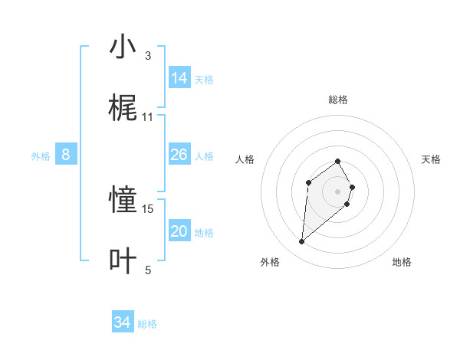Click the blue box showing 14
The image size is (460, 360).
pyautogui.click(x=179, y=78)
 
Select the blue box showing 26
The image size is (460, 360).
pyautogui.click(x=179, y=155)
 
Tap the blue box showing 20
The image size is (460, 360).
pyautogui.click(x=179, y=231)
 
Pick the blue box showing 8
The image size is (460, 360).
pyautogui.click(x=66, y=155)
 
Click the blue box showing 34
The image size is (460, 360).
pyautogui.click(x=122, y=322)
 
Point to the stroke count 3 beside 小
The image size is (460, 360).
pyautogui.click(x=148, y=56)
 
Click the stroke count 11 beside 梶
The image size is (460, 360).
pyautogui.click(x=148, y=117)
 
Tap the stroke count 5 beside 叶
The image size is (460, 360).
pyautogui.click(x=148, y=270)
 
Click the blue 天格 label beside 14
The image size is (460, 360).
pyautogui.click(x=204, y=80)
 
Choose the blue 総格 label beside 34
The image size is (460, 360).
pyautogui.click(x=147, y=324)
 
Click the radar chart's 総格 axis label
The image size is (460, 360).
pyautogui.click(x=338, y=100)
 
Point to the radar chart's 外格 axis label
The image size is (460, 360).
pyautogui.click(x=270, y=262)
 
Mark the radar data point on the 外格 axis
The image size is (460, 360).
pyautogui.click(x=302, y=242)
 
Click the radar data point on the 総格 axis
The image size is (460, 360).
pyautogui.click(x=338, y=161)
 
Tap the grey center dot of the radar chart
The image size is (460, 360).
pyautogui.click(x=338, y=191)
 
